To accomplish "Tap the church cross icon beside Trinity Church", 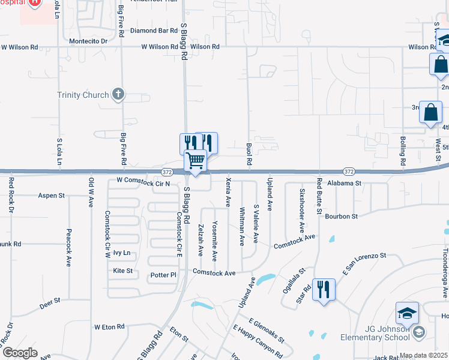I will [x=118, y=94].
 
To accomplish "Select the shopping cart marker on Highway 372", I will [x=195, y=161].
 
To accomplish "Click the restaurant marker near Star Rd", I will [x=324, y=290].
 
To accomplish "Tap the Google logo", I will [x=20, y=353].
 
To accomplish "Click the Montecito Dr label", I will [x=88, y=41].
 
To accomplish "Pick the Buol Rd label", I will [x=249, y=154].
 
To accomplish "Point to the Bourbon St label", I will [x=342, y=216].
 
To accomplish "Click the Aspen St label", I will [x=51, y=196].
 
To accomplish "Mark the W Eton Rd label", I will [x=109, y=327].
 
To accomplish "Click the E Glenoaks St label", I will [x=266, y=329].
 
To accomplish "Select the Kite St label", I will [x=123, y=271].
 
